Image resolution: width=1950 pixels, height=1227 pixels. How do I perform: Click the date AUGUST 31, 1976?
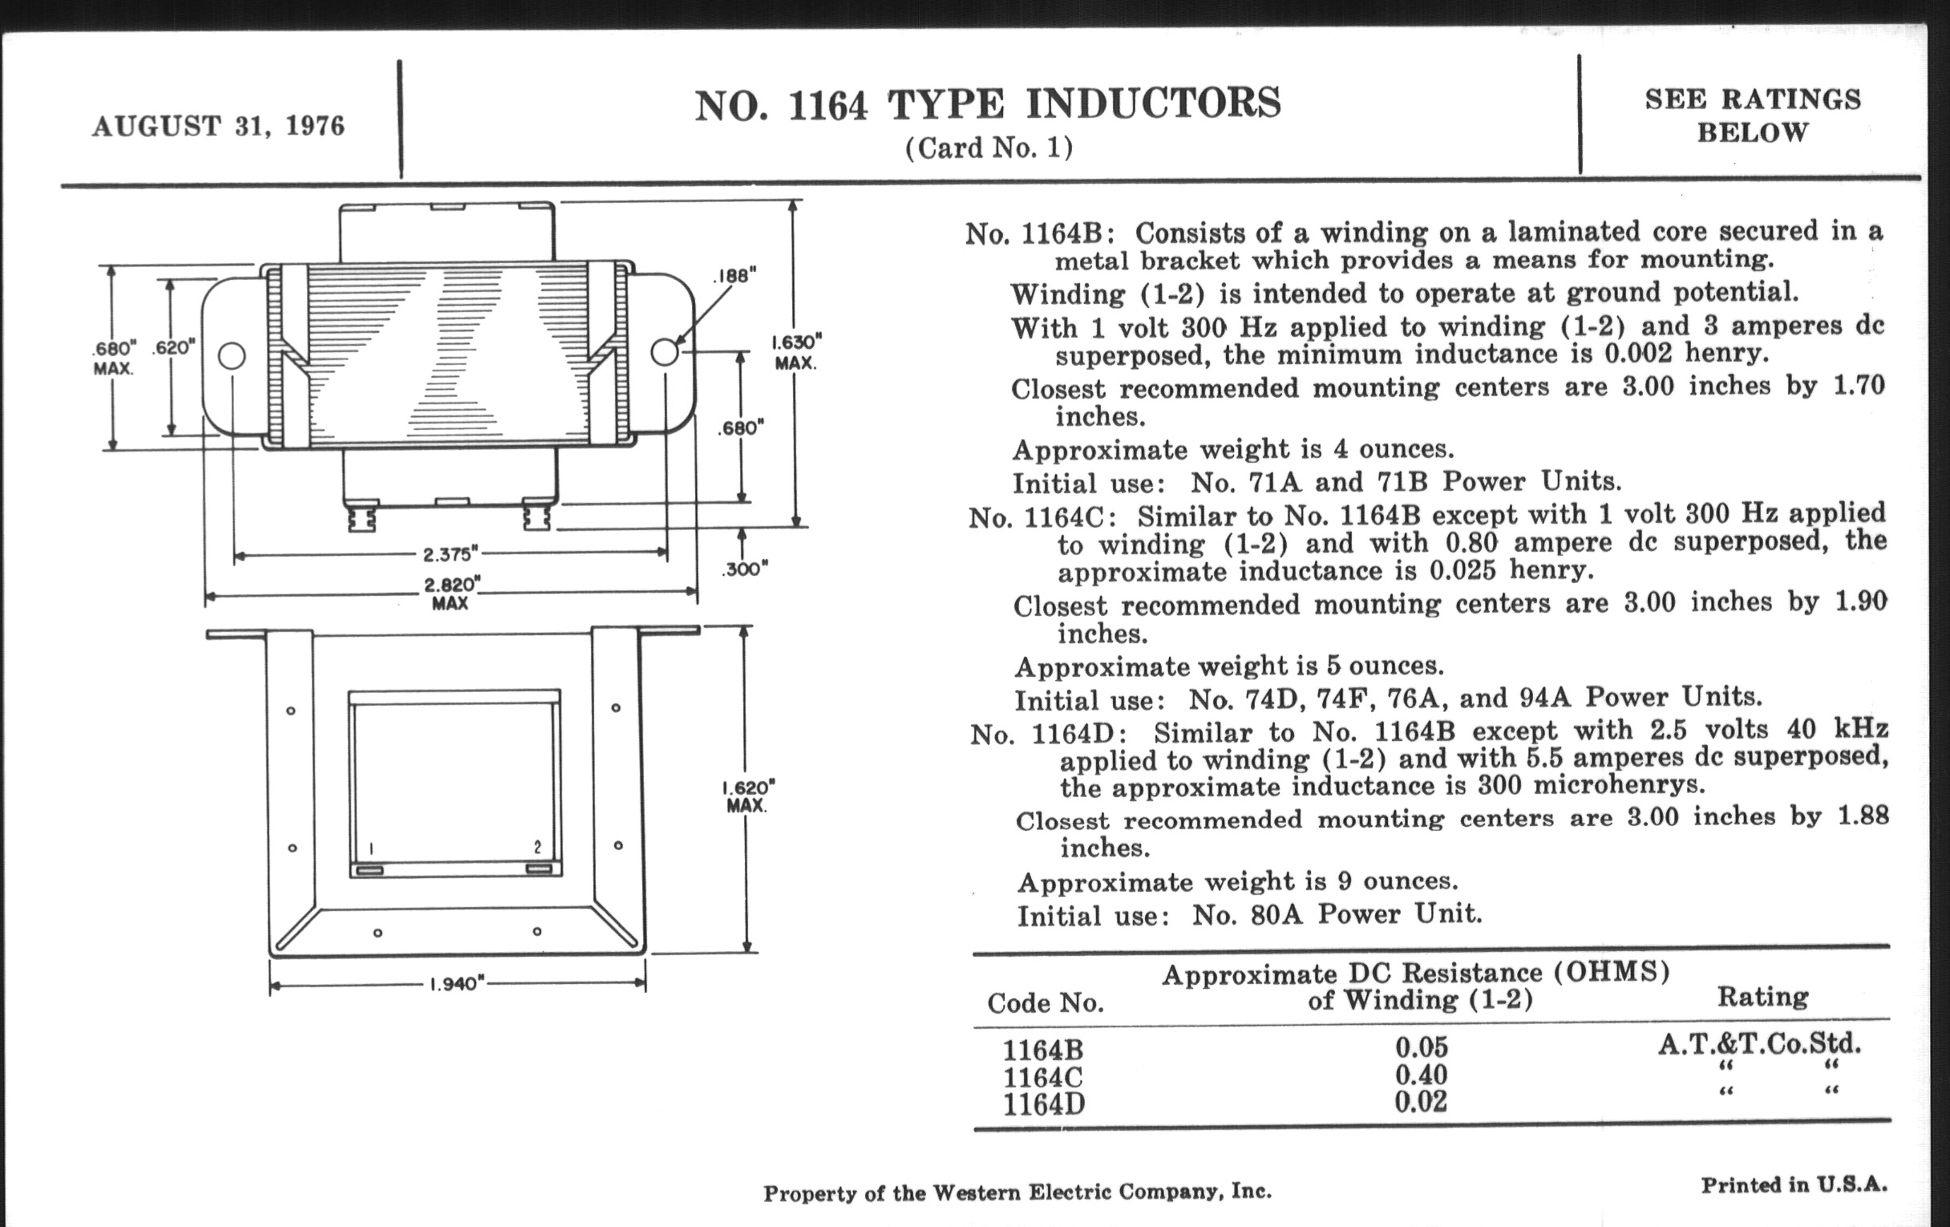pyautogui.click(x=219, y=128)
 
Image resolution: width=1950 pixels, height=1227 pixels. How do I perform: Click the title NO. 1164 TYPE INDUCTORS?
pyautogui.click(x=987, y=105)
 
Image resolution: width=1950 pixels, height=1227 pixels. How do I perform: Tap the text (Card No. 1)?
pyautogui.click(x=988, y=148)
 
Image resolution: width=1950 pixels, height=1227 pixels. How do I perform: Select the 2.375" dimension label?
pyautogui.click(x=451, y=555)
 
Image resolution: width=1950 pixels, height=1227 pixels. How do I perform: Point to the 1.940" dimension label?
pyautogui.click(x=457, y=984)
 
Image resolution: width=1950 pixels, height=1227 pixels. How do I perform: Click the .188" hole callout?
pyautogui.click(x=734, y=276)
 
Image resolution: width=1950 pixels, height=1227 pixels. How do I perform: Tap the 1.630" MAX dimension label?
pyautogui.click(x=795, y=351)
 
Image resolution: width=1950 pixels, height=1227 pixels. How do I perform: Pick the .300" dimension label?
pyautogui.click(x=744, y=569)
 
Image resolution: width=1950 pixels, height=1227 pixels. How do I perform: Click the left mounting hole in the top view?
pyautogui.click(x=232, y=355)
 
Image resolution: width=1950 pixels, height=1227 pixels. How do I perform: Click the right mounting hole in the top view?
pyautogui.click(x=664, y=352)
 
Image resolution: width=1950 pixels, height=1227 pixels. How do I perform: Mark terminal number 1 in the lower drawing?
pyautogui.click(x=371, y=848)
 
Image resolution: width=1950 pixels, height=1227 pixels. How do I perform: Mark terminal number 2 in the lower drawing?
pyautogui.click(x=538, y=847)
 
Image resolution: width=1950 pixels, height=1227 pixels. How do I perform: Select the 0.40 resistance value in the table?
pyautogui.click(x=1420, y=1075)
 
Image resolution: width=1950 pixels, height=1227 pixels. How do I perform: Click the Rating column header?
pyautogui.click(x=1762, y=996)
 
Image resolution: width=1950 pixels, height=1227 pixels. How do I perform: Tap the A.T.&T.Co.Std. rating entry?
pyautogui.click(x=1759, y=1044)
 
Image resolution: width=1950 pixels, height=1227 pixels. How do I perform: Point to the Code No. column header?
pyautogui.click(x=1046, y=1003)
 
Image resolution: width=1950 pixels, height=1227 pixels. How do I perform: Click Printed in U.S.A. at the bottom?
pyautogui.click(x=1794, y=1184)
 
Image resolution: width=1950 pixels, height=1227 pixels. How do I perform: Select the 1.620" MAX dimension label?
pyautogui.click(x=746, y=796)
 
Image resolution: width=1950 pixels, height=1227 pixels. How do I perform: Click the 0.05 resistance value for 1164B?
pyautogui.click(x=1420, y=1047)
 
